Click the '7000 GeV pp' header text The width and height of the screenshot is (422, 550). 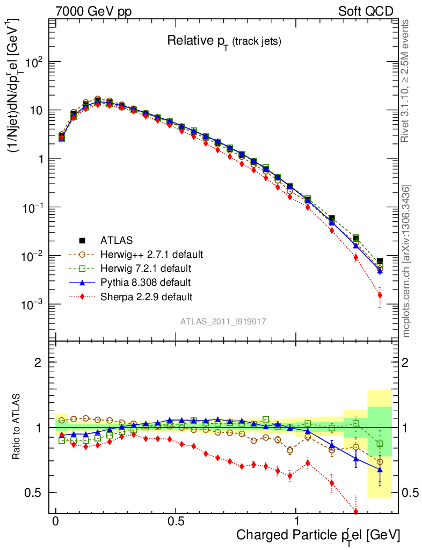pyautogui.click(x=93, y=11)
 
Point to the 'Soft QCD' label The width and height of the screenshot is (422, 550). pyautogui.click(x=366, y=11)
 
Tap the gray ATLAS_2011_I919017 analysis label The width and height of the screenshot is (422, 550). pyautogui.click(x=223, y=321)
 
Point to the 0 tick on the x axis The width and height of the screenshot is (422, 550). pyautogui.click(x=55, y=522)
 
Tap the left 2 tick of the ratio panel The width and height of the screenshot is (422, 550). pyautogui.click(x=38, y=363)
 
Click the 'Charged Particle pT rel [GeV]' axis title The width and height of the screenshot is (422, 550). pyautogui.click(x=318, y=535)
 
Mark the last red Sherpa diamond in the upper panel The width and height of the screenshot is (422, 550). pyautogui.click(x=380, y=294)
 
